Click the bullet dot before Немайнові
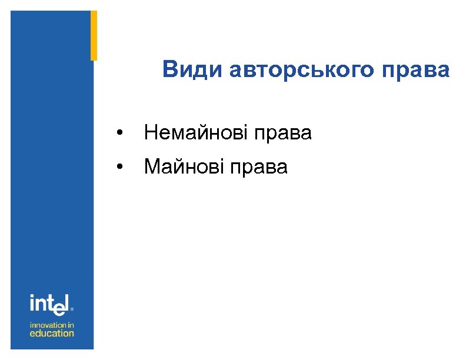click(x=120, y=134)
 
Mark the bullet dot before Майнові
click(x=120, y=168)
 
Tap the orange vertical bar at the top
click(x=94, y=35)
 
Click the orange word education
click(x=52, y=333)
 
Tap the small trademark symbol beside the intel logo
click(x=72, y=308)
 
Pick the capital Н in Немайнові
click(x=150, y=134)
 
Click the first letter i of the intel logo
click(x=32, y=303)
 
